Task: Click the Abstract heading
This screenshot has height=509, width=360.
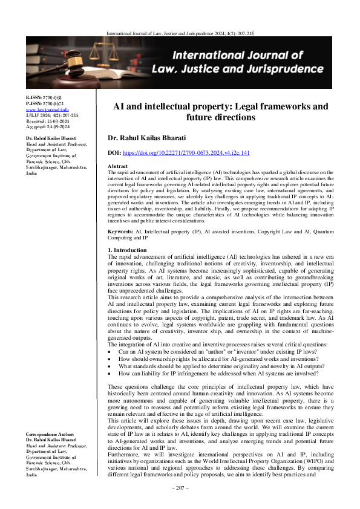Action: pos(117,166)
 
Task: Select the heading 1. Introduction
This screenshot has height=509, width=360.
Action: pos(126,250)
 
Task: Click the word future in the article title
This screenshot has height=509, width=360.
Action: pos(180,117)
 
